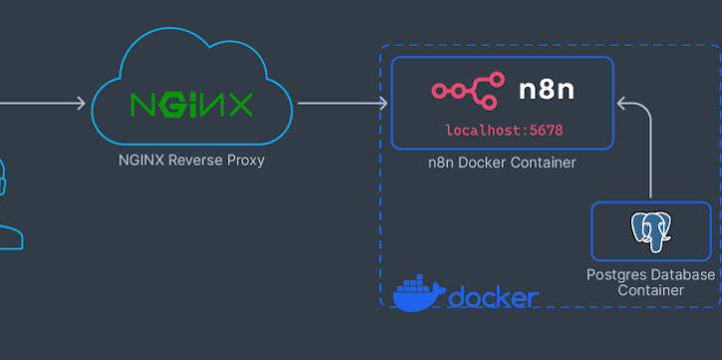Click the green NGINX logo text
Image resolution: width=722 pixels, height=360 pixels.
pyautogui.click(x=191, y=105)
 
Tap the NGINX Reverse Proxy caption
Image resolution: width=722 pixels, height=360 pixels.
pyautogui.click(x=191, y=161)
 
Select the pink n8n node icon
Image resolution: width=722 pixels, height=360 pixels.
pyautogui.click(x=468, y=91)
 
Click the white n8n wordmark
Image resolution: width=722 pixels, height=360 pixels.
pyautogui.click(x=546, y=90)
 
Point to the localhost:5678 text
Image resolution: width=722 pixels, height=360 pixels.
pyautogui.click(x=504, y=131)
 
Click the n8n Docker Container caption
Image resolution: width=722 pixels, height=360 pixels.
pyautogui.click(x=502, y=163)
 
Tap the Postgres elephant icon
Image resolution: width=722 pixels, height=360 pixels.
pyautogui.click(x=650, y=232)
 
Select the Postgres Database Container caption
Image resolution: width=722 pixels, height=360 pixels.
pyautogui.click(x=650, y=282)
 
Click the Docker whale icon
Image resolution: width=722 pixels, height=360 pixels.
pyautogui.click(x=419, y=293)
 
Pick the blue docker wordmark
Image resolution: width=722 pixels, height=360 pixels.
pyautogui.click(x=494, y=297)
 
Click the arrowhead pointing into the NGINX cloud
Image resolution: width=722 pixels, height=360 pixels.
pyautogui.click(x=81, y=103)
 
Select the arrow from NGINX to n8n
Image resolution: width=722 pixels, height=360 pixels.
pyautogui.click(x=343, y=103)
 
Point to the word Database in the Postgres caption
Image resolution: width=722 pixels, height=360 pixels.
pyautogui.click(x=686, y=275)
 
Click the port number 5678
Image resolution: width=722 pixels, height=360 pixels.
pyautogui.click(x=546, y=131)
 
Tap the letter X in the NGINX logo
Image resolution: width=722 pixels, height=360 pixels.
pyautogui.click(x=240, y=105)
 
